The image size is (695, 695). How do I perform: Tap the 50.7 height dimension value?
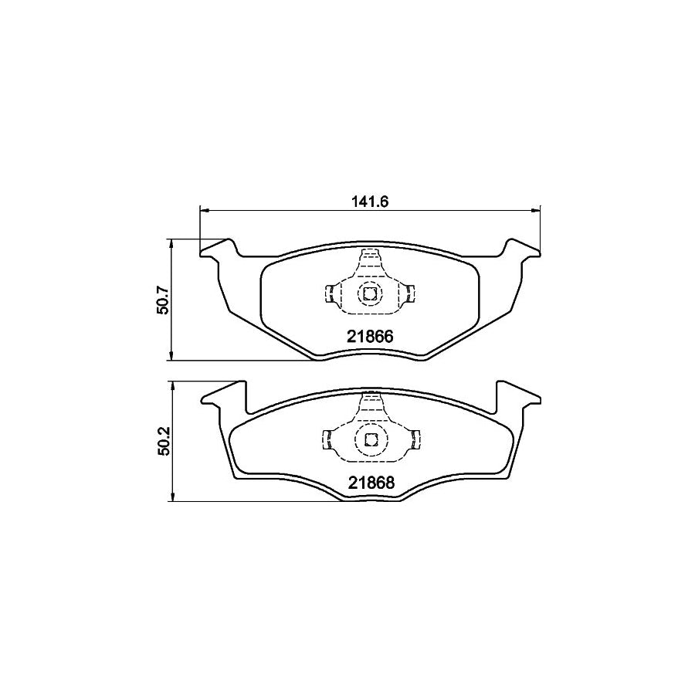(162, 299)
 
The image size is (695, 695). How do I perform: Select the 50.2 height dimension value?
(162, 442)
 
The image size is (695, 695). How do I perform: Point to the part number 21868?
(369, 483)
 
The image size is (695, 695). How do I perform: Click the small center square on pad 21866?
(370, 293)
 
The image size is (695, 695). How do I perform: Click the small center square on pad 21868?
(370, 440)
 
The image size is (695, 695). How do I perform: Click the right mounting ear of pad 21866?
(522, 249)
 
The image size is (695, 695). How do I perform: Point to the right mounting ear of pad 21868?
(516, 394)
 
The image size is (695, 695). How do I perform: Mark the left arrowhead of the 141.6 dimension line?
(204, 208)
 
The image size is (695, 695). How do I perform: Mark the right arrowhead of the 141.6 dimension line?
(536, 208)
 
